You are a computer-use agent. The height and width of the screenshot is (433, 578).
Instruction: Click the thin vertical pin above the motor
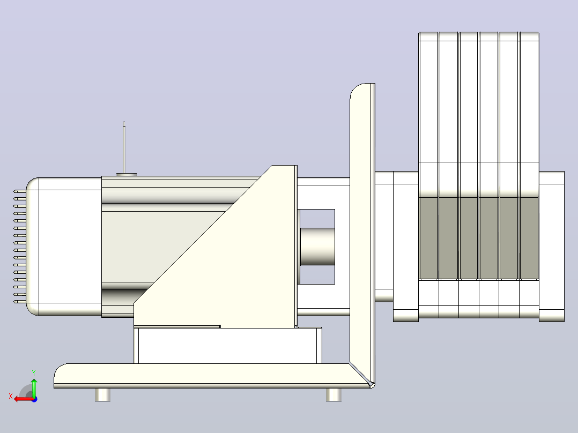coord(124,147)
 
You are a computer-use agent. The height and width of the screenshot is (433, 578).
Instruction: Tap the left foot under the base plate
coord(102,394)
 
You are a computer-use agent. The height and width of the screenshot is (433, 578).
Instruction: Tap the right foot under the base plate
coord(334,394)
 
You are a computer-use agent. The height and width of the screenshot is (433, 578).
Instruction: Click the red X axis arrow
coord(24,399)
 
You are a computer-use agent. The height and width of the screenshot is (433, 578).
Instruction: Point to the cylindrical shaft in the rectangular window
coord(317,247)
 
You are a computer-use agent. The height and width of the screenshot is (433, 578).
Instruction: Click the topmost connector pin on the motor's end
coord(20,191)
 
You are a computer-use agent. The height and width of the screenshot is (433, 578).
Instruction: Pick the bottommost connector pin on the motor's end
coord(20,302)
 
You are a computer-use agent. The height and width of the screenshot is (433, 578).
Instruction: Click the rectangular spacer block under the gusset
coord(228,346)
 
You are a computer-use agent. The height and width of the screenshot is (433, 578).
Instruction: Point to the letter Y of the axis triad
coord(34,372)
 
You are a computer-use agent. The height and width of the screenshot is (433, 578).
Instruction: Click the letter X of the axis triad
coord(11,397)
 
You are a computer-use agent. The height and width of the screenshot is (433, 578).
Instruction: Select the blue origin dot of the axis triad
coord(34,399)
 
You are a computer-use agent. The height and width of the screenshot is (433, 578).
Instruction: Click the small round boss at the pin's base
coord(127,175)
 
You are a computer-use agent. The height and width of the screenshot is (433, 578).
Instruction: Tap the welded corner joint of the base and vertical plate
coord(362,375)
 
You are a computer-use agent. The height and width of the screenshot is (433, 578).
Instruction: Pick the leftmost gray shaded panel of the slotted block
coord(428,238)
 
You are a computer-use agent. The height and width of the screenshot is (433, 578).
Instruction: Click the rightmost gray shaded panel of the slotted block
coord(529,238)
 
